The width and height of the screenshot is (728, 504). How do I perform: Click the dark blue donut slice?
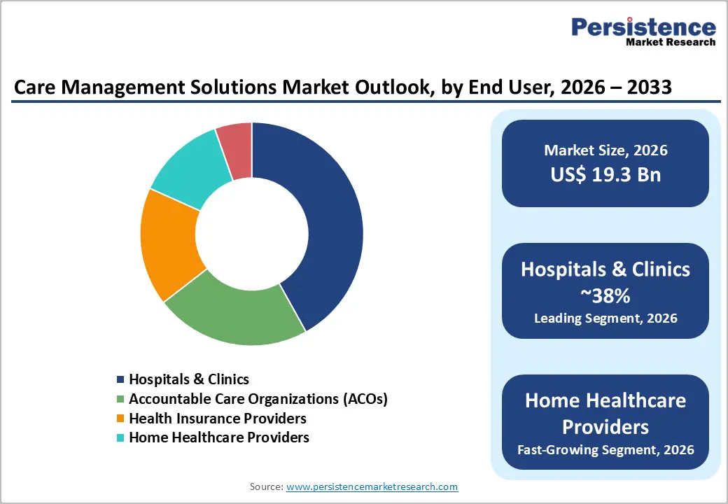coord(329,224)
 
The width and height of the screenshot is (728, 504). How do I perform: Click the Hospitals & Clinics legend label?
coord(189,379)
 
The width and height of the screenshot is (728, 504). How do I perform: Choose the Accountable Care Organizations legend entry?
coord(258,399)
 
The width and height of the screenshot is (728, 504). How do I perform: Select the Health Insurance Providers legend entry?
coord(218,419)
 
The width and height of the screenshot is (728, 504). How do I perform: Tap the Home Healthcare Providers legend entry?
coord(219,437)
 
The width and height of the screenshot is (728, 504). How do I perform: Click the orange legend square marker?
coord(121,419)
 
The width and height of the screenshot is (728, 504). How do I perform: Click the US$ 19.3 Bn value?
coord(605,174)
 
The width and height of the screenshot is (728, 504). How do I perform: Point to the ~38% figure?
coord(605,295)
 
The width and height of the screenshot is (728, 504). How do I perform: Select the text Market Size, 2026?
coord(605,150)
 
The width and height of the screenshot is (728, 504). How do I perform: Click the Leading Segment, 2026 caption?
coord(605,318)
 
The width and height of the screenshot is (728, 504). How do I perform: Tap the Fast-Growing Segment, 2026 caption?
coord(605,449)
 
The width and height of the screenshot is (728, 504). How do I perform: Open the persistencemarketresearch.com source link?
coord(372,486)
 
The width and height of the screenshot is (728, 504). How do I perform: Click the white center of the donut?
coord(252,234)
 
